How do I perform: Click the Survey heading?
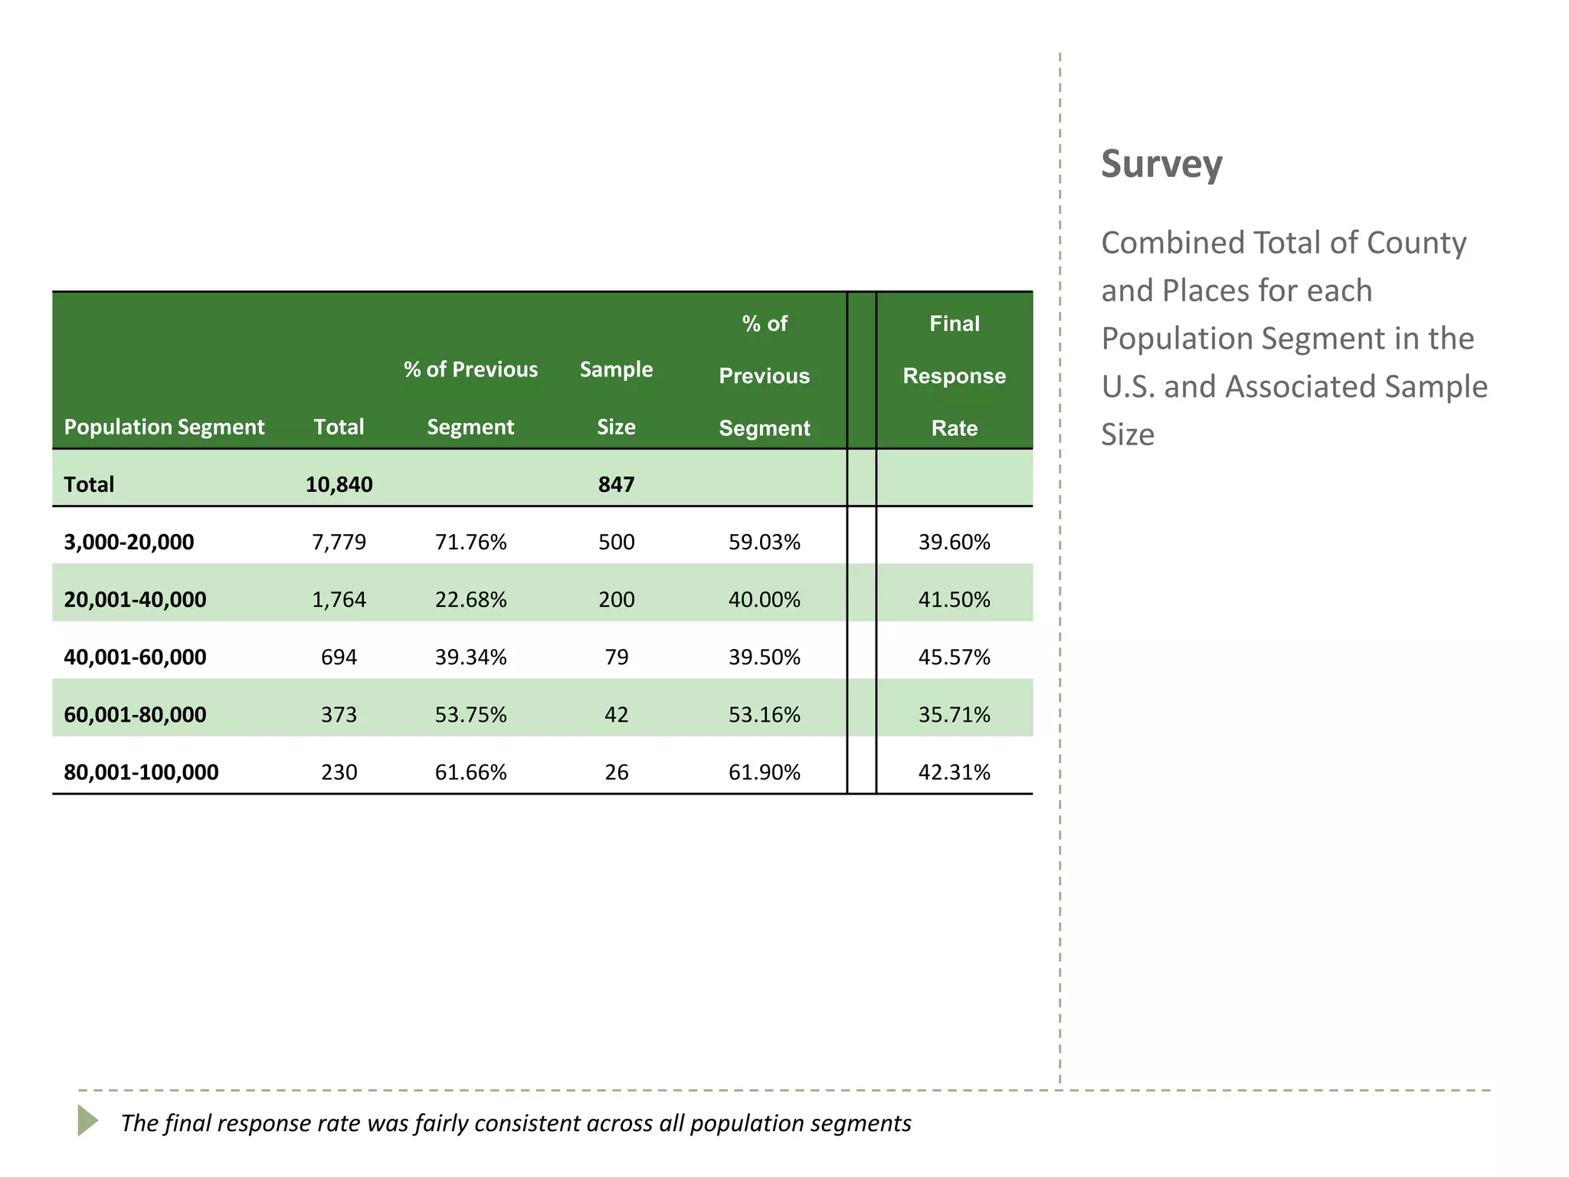point(1161,165)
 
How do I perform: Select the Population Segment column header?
point(164,427)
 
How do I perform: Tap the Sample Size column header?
point(616,398)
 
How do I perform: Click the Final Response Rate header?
point(954,375)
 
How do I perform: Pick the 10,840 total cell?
point(339,484)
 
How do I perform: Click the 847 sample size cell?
point(616,484)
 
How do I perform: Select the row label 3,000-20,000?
point(129,542)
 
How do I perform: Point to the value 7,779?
point(339,542)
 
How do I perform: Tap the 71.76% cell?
point(470,542)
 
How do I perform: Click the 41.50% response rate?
point(954,599)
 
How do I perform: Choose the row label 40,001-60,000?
point(135,657)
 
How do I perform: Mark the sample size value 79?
point(616,657)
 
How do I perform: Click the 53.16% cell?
point(764,714)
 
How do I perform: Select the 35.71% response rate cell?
point(954,714)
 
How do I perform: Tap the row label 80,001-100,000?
point(141,772)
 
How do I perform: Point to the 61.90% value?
point(764,772)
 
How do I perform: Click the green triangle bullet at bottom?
point(87,1120)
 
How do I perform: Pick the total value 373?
point(339,714)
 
